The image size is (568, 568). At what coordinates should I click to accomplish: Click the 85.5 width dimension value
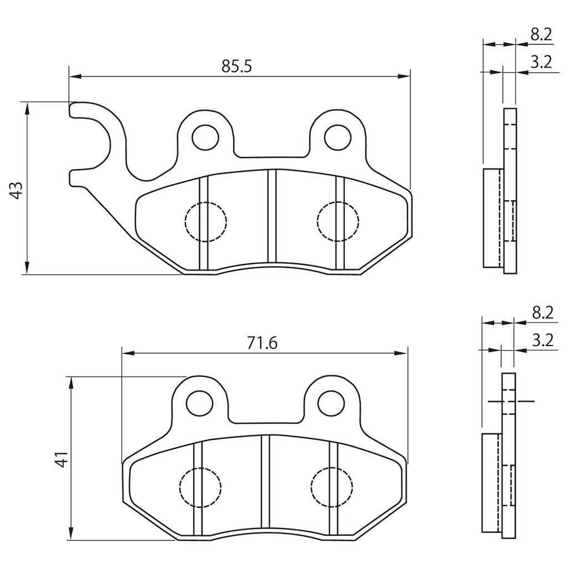tap(236, 67)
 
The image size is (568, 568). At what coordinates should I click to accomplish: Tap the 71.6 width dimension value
tap(262, 343)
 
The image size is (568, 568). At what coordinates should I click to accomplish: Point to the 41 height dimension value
tap(62, 459)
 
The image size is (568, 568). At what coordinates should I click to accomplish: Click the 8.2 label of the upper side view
tap(541, 35)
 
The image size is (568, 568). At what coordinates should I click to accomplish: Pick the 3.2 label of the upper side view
tap(541, 62)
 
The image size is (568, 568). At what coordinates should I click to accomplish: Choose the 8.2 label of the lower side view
tap(542, 313)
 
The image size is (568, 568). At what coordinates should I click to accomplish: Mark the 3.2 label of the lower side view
tap(542, 340)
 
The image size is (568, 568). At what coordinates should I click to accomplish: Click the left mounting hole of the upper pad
tap(205, 138)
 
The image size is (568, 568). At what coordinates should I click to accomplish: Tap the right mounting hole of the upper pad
tap(338, 138)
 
